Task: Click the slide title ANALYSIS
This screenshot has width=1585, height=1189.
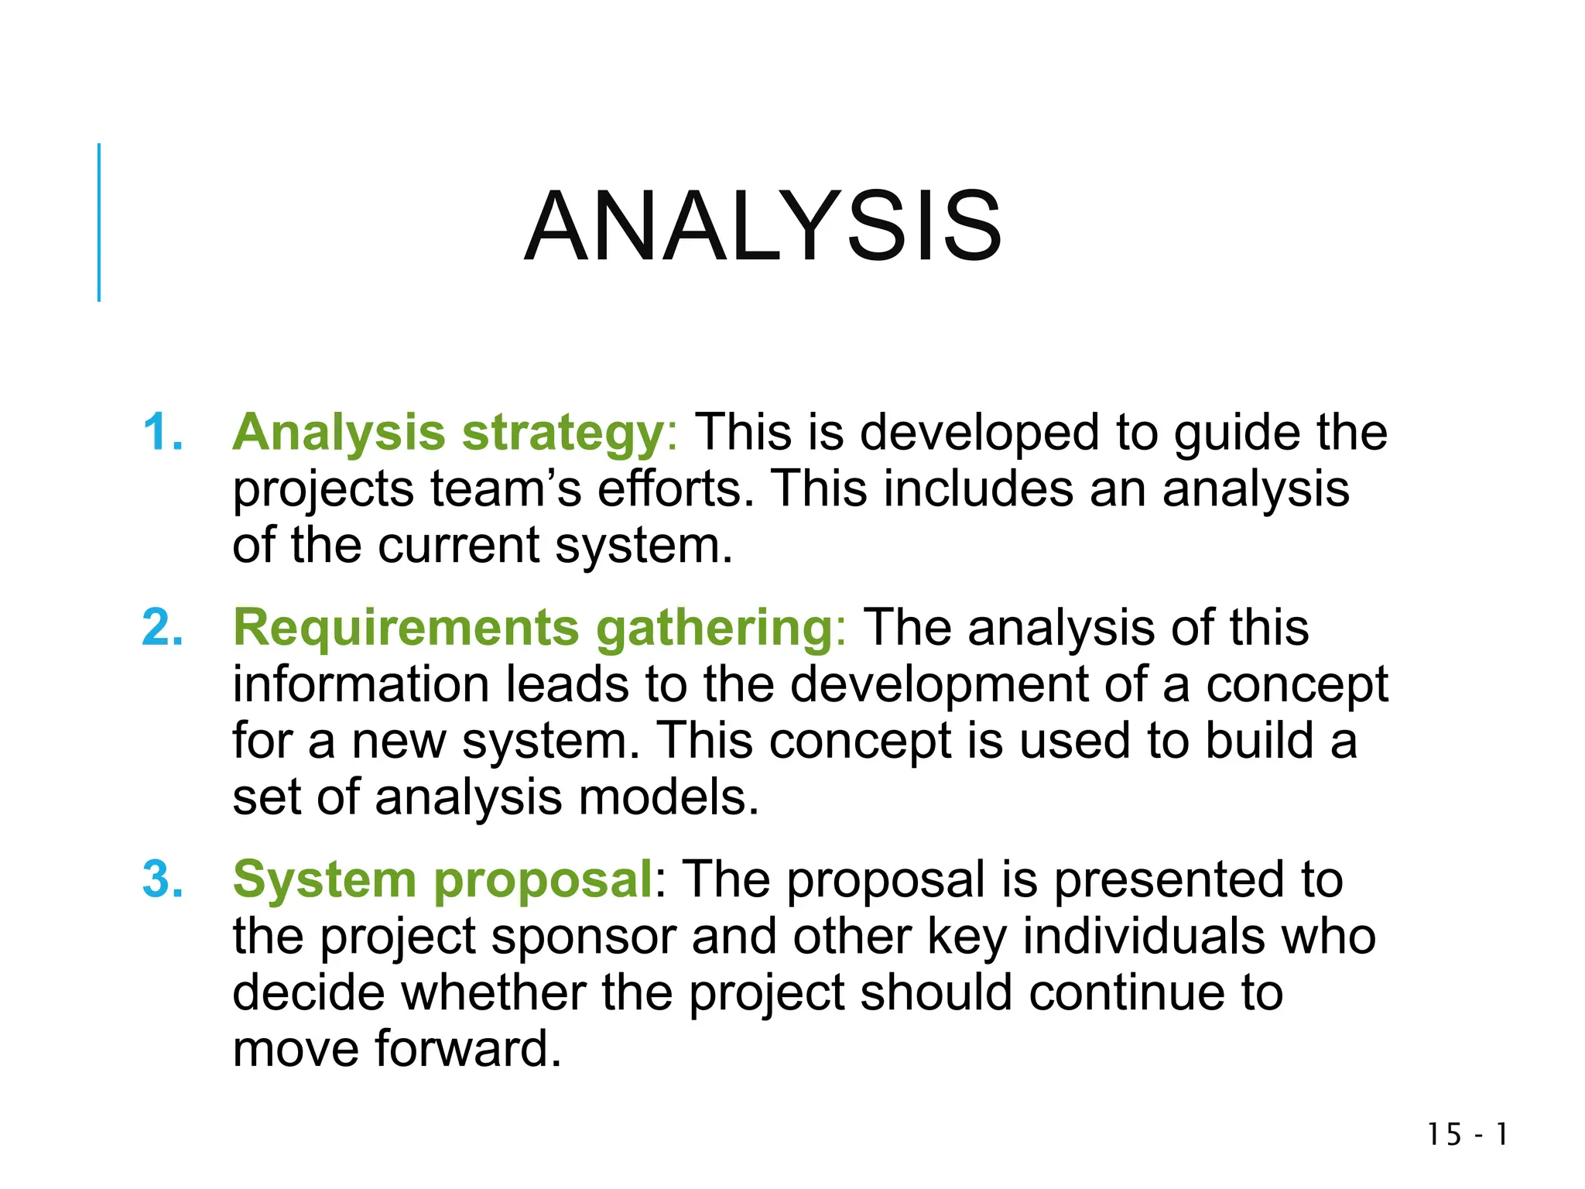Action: pos(763,228)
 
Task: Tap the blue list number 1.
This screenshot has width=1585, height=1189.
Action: pos(163,432)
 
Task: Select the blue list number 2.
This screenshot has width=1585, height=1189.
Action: pos(163,627)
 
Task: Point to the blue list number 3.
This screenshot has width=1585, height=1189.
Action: pos(163,880)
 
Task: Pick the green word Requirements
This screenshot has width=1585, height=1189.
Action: pos(406,627)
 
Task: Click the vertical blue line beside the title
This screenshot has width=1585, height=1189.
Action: pos(99,222)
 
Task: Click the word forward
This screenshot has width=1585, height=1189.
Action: pos(468,1050)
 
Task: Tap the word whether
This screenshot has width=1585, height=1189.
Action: pos(493,993)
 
